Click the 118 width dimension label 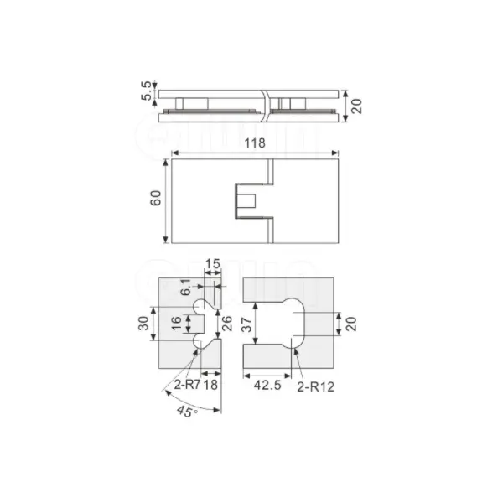click(x=255, y=143)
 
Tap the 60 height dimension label click(x=156, y=198)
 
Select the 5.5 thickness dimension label click(x=146, y=91)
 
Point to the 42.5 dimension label click(x=267, y=385)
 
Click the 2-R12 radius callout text click(x=315, y=386)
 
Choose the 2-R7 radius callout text click(x=187, y=384)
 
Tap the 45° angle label click(x=187, y=412)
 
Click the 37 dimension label click(x=246, y=324)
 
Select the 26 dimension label click(x=227, y=324)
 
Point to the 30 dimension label click(x=143, y=323)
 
